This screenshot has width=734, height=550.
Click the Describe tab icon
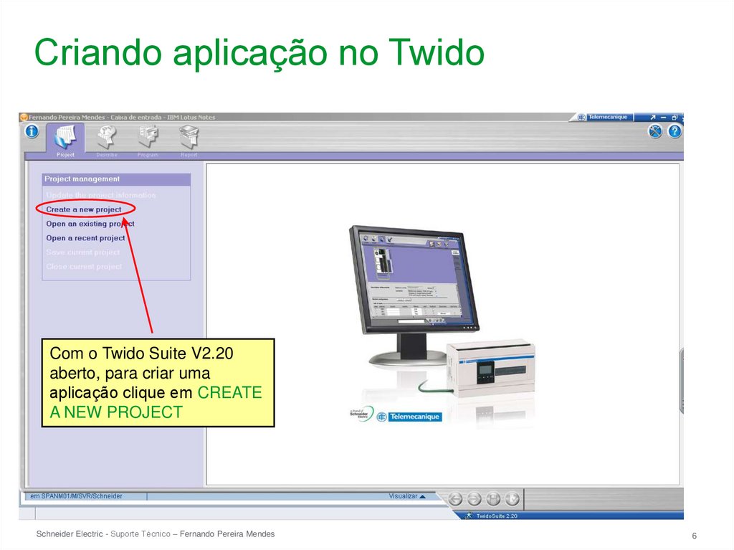point(107,136)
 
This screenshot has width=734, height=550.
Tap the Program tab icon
point(148,136)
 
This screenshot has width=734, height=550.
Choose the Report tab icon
point(189,136)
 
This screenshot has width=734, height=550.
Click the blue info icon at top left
point(32,131)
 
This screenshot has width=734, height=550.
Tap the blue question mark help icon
point(675,131)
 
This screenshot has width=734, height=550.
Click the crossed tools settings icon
point(655,131)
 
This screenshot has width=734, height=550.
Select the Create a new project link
point(84,209)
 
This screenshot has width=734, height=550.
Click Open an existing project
point(90,224)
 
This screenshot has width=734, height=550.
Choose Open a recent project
point(85,238)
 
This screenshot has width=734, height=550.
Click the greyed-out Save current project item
point(83,252)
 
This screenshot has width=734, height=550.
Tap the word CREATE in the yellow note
point(229,393)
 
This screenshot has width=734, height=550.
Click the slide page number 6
point(695,537)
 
